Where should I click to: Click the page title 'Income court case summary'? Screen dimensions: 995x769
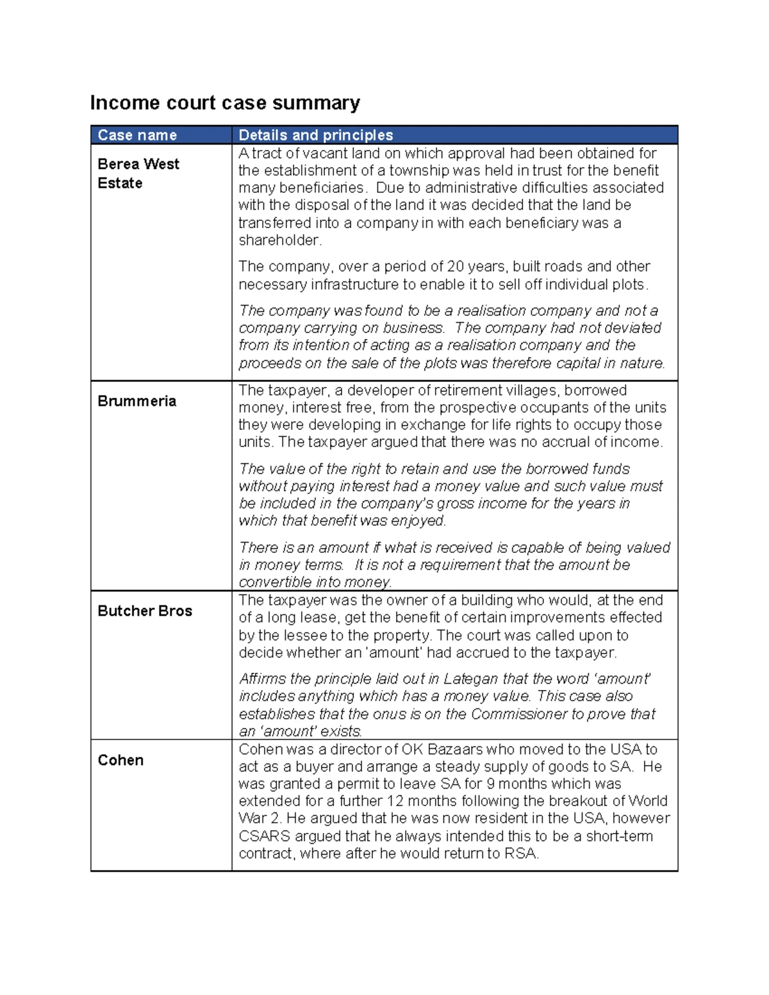(x=225, y=103)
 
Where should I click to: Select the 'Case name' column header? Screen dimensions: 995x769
(x=137, y=135)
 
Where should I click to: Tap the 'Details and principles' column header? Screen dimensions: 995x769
(x=315, y=135)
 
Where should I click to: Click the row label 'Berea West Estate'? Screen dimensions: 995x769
(x=138, y=173)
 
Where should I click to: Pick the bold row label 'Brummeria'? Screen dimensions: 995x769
(x=136, y=401)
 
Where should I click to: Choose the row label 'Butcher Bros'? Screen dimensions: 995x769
(x=145, y=611)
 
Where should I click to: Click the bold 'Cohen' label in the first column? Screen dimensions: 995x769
(x=120, y=761)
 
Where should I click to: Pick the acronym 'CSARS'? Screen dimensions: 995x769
(x=264, y=837)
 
